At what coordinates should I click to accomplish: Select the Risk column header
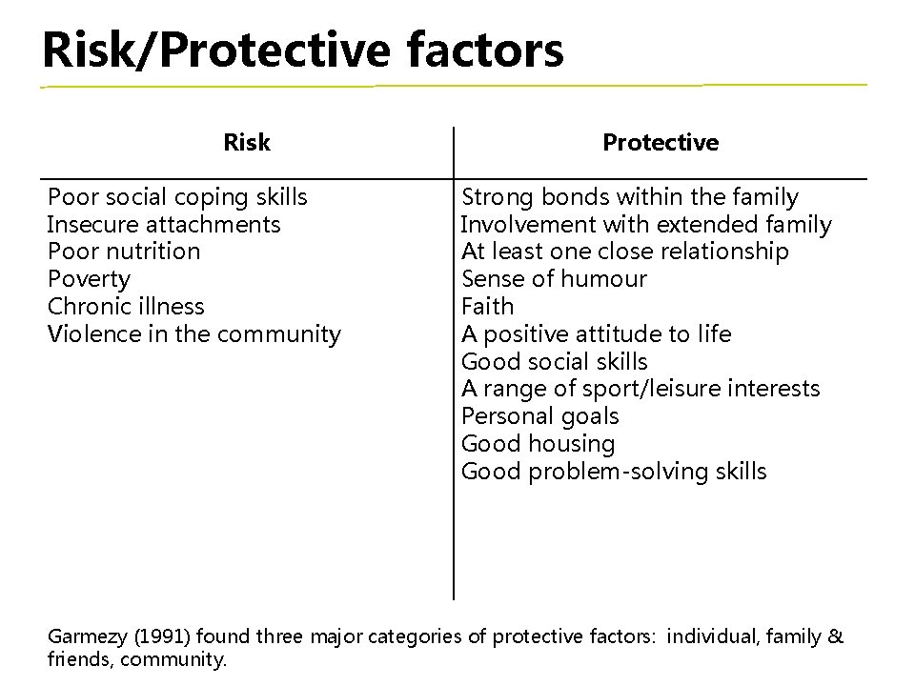coord(246,143)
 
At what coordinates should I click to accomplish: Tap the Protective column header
coord(661,143)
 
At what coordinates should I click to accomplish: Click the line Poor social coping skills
coord(177,197)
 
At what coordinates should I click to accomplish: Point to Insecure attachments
coord(164,225)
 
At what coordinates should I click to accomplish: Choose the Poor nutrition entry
coord(124,252)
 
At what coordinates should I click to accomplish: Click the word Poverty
coord(89,279)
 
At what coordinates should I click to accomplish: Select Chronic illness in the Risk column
coord(126,307)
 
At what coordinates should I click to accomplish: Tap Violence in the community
coord(193,334)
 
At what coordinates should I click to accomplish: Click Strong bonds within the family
coord(630,197)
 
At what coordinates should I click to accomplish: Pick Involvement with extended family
coord(646,225)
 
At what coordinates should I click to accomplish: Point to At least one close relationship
coord(625,252)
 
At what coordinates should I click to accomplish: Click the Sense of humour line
coord(554,279)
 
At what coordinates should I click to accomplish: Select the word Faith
coord(487,307)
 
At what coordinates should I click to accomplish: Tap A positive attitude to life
coord(597,334)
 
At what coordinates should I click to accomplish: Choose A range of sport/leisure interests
coord(640,389)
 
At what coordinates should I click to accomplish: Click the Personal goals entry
coord(539,416)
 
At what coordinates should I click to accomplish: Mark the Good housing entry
coord(538,444)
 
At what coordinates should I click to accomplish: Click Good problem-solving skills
coord(614,472)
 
